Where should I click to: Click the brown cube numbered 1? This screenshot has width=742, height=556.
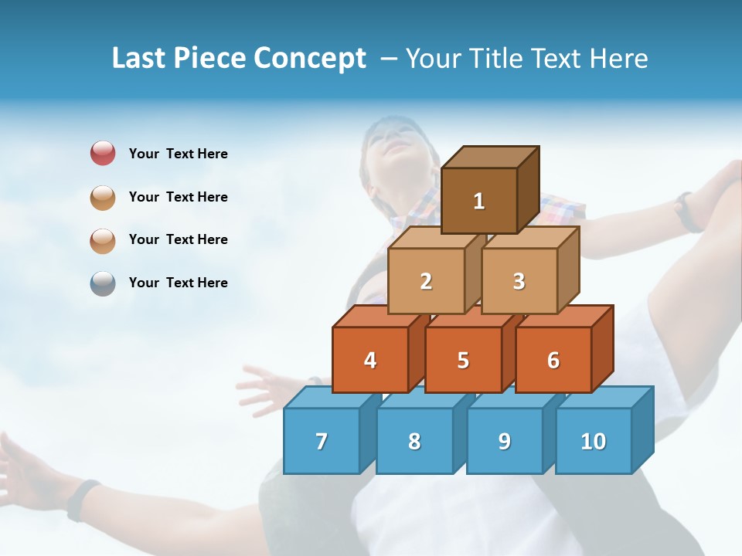pyautogui.click(x=479, y=201)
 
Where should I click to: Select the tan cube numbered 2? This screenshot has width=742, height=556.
pyautogui.click(x=426, y=281)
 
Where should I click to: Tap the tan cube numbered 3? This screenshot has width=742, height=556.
pyautogui.click(x=519, y=281)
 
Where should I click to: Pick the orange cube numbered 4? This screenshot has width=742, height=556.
pyautogui.click(x=370, y=360)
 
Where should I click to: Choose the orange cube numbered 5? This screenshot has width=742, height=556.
pyautogui.click(x=463, y=360)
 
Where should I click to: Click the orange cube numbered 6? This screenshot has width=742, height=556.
pyautogui.click(x=553, y=360)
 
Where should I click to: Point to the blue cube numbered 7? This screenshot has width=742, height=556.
pyautogui.click(x=322, y=441)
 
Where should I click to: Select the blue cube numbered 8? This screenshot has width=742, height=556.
pyautogui.click(x=414, y=441)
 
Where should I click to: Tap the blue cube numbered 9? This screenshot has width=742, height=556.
pyautogui.click(x=505, y=441)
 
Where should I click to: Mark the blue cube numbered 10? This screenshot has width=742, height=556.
pyautogui.click(x=594, y=441)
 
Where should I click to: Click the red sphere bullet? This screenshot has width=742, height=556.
pyautogui.click(x=103, y=154)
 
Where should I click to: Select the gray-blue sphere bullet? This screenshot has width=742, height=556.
pyautogui.click(x=103, y=283)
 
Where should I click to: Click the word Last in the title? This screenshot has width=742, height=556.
pyautogui.click(x=140, y=59)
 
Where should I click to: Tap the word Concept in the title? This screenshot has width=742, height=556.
pyautogui.click(x=310, y=59)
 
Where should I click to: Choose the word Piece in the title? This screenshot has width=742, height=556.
pyautogui.click(x=211, y=59)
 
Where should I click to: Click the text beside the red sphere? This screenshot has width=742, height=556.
pyautogui.click(x=179, y=154)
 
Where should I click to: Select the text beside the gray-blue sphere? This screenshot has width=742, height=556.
pyautogui.click(x=179, y=283)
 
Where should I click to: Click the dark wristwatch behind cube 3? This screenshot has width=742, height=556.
pyautogui.click(x=686, y=212)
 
